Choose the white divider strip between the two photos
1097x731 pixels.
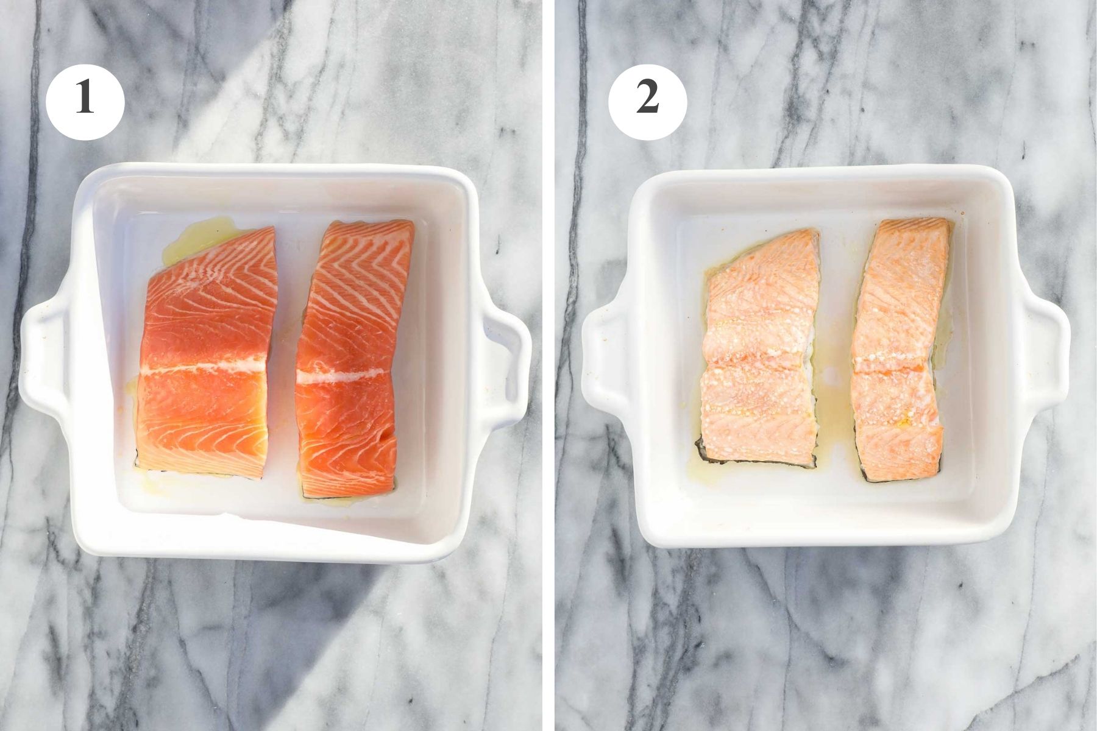point(548,365)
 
